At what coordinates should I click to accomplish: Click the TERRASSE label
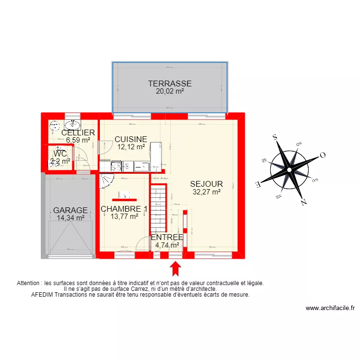click(x=170, y=84)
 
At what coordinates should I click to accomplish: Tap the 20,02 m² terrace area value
click(x=170, y=91)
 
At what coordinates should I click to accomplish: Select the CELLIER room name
click(x=78, y=132)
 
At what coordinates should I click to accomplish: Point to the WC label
click(x=60, y=154)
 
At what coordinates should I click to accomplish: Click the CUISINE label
click(x=131, y=139)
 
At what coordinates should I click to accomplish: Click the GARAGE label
click(x=70, y=210)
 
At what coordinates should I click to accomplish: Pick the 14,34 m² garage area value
click(x=70, y=218)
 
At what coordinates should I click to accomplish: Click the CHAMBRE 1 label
click(x=124, y=209)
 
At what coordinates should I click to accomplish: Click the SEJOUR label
click(x=206, y=184)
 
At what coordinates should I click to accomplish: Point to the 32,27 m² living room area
click(x=206, y=192)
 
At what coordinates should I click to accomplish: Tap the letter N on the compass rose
click(x=303, y=202)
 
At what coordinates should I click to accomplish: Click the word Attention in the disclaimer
click(x=29, y=283)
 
